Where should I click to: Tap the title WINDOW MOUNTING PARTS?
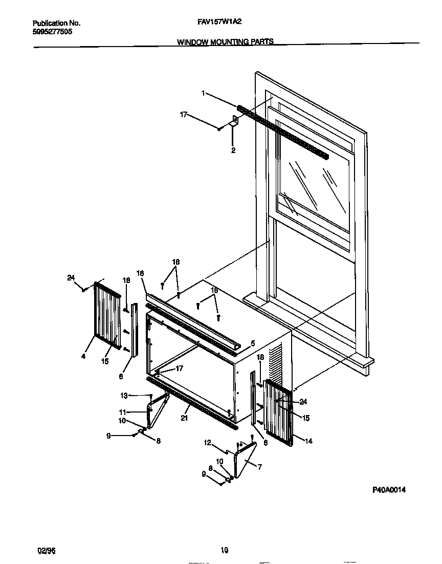[225, 42]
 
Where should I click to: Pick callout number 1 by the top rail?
[203, 93]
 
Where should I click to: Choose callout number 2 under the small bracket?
[233, 150]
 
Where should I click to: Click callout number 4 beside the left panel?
[83, 356]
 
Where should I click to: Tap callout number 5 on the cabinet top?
[252, 343]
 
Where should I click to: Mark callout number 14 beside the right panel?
[308, 441]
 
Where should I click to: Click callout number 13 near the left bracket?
[123, 395]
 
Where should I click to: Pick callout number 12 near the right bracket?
[208, 443]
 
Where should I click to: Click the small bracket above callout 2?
[234, 122]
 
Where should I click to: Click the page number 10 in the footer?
[224, 551]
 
